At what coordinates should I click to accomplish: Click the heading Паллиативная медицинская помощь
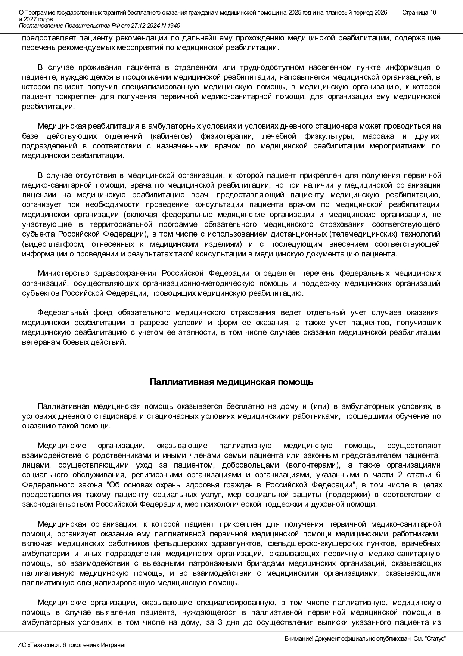pyautogui.click(x=231, y=382)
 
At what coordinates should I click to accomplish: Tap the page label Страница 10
pyautogui.click(x=419, y=13)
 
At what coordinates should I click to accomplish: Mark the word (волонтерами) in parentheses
pyautogui.click(x=313, y=465)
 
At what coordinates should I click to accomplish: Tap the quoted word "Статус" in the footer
pyautogui.click(x=437, y=639)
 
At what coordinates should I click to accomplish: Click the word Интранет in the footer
pyautogui.click(x=114, y=645)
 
